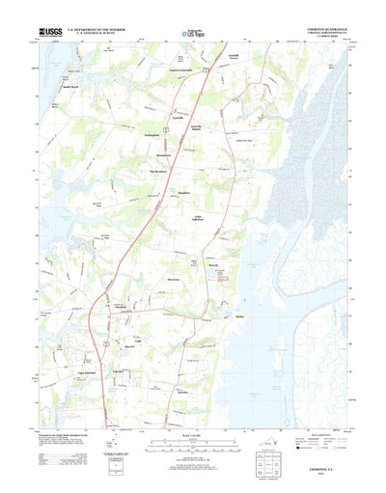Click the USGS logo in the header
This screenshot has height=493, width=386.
click(50, 33)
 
